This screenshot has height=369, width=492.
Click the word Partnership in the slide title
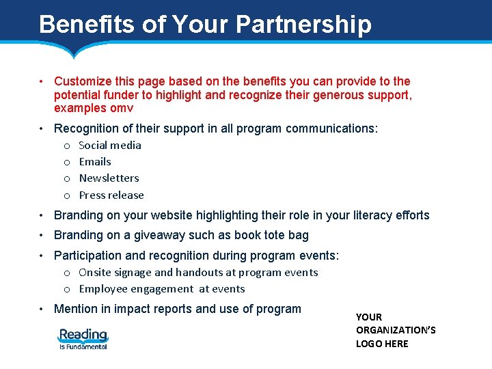304,25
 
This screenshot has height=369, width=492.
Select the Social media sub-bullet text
110,145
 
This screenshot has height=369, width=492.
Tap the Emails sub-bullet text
95,161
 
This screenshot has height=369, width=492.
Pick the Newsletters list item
109,178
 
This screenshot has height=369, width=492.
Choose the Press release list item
111,195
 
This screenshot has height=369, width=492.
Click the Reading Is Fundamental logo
83,338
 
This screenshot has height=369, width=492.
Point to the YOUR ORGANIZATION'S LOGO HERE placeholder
396,330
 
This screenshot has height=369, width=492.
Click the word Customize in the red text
84,81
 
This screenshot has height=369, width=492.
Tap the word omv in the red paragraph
121,108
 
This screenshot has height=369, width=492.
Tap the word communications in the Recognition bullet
331,128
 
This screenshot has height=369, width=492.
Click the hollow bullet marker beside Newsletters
67,178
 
